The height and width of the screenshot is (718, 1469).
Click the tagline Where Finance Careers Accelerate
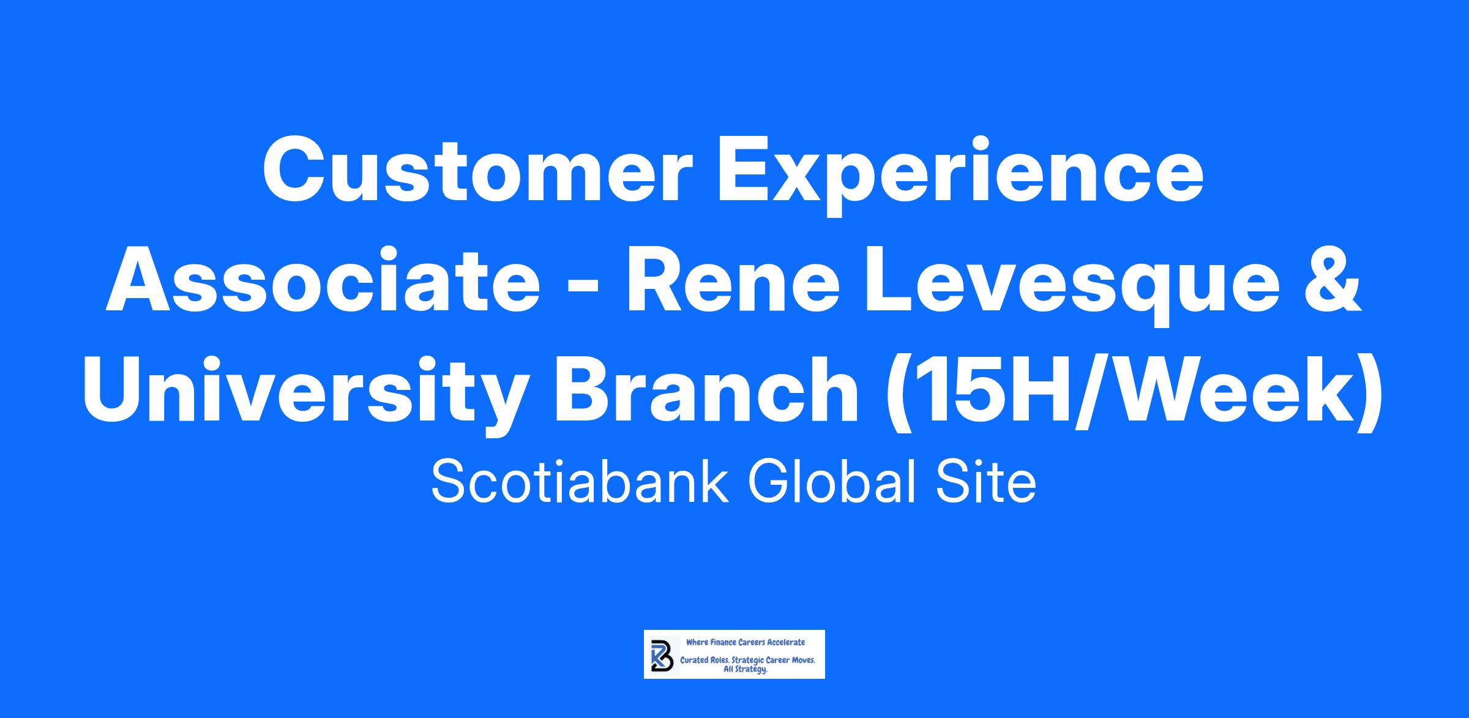click(x=746, y=642)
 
